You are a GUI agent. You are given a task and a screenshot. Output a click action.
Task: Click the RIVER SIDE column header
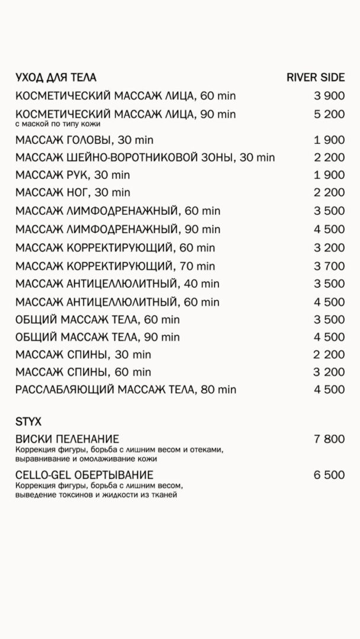tap(315, 78)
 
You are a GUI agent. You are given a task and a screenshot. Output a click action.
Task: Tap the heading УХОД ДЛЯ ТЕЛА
tap(56, 78)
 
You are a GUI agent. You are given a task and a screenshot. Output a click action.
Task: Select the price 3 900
tap(329, 96)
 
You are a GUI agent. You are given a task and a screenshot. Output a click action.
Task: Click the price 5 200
tap(329, 114)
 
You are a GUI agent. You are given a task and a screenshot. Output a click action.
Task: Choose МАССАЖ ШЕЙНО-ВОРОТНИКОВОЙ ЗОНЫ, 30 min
tap(145, 157)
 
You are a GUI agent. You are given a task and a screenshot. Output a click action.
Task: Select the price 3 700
tap(329, 267)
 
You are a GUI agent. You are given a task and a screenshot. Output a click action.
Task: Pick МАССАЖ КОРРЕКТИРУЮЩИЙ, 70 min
tap(115, 267)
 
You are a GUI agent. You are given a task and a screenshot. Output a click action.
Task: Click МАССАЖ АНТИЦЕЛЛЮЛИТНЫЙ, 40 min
tap(117, 285)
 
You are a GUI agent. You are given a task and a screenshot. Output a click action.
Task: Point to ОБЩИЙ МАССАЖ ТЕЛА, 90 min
tap(97, 337)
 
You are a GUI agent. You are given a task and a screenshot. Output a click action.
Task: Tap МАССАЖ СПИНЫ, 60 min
tap(83, 372)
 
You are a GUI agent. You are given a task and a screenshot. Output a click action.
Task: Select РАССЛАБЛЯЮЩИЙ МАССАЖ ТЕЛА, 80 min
tap(126, 389)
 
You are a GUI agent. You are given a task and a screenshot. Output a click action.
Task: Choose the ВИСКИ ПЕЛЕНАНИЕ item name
tap(67, 439)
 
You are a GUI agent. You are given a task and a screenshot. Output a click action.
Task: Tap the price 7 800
tap(329, 439)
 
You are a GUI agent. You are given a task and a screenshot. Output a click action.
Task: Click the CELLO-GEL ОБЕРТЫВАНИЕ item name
tap(85, 475)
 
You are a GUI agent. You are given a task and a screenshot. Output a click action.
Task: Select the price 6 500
tap(329, 475)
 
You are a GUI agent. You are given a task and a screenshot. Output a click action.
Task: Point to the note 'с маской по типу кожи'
tap(57, 124)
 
